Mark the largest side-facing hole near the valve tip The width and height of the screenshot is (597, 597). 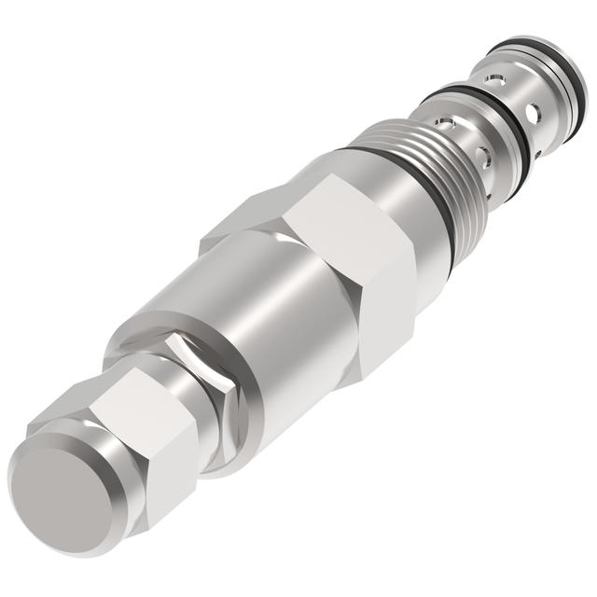pyautogui.click(x=533, y=114)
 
